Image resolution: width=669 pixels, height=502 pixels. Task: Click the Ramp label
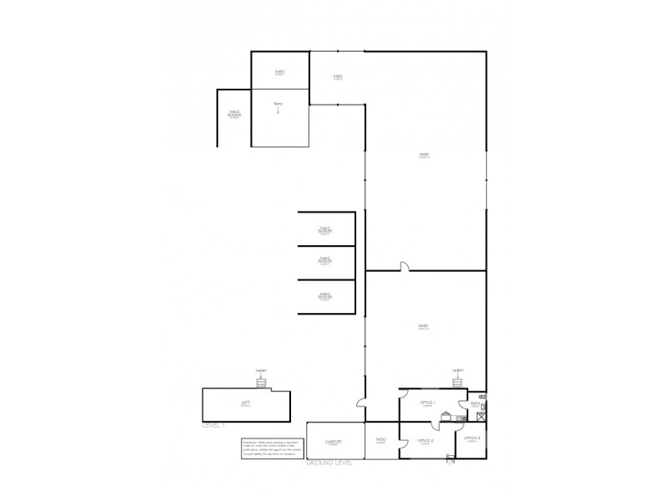278,103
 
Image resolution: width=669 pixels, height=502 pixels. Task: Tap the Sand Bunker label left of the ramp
235,114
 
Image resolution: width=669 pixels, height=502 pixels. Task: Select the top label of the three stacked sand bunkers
325,229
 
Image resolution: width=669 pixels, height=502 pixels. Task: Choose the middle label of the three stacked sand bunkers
325,261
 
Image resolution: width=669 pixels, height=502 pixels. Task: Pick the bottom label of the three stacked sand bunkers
325,295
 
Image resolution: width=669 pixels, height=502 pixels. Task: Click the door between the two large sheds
403,268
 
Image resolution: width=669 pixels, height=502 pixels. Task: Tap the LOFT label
245,404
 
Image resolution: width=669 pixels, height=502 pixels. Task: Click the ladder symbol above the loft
261,382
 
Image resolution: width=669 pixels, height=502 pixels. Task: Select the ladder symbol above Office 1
457,382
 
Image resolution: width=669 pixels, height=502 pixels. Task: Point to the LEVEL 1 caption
214,426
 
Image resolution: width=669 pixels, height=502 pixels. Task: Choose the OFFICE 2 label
425,440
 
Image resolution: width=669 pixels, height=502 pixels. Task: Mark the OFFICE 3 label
472,438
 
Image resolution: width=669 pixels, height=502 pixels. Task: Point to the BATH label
475,404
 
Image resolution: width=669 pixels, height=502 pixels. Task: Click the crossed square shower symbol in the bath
483,410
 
